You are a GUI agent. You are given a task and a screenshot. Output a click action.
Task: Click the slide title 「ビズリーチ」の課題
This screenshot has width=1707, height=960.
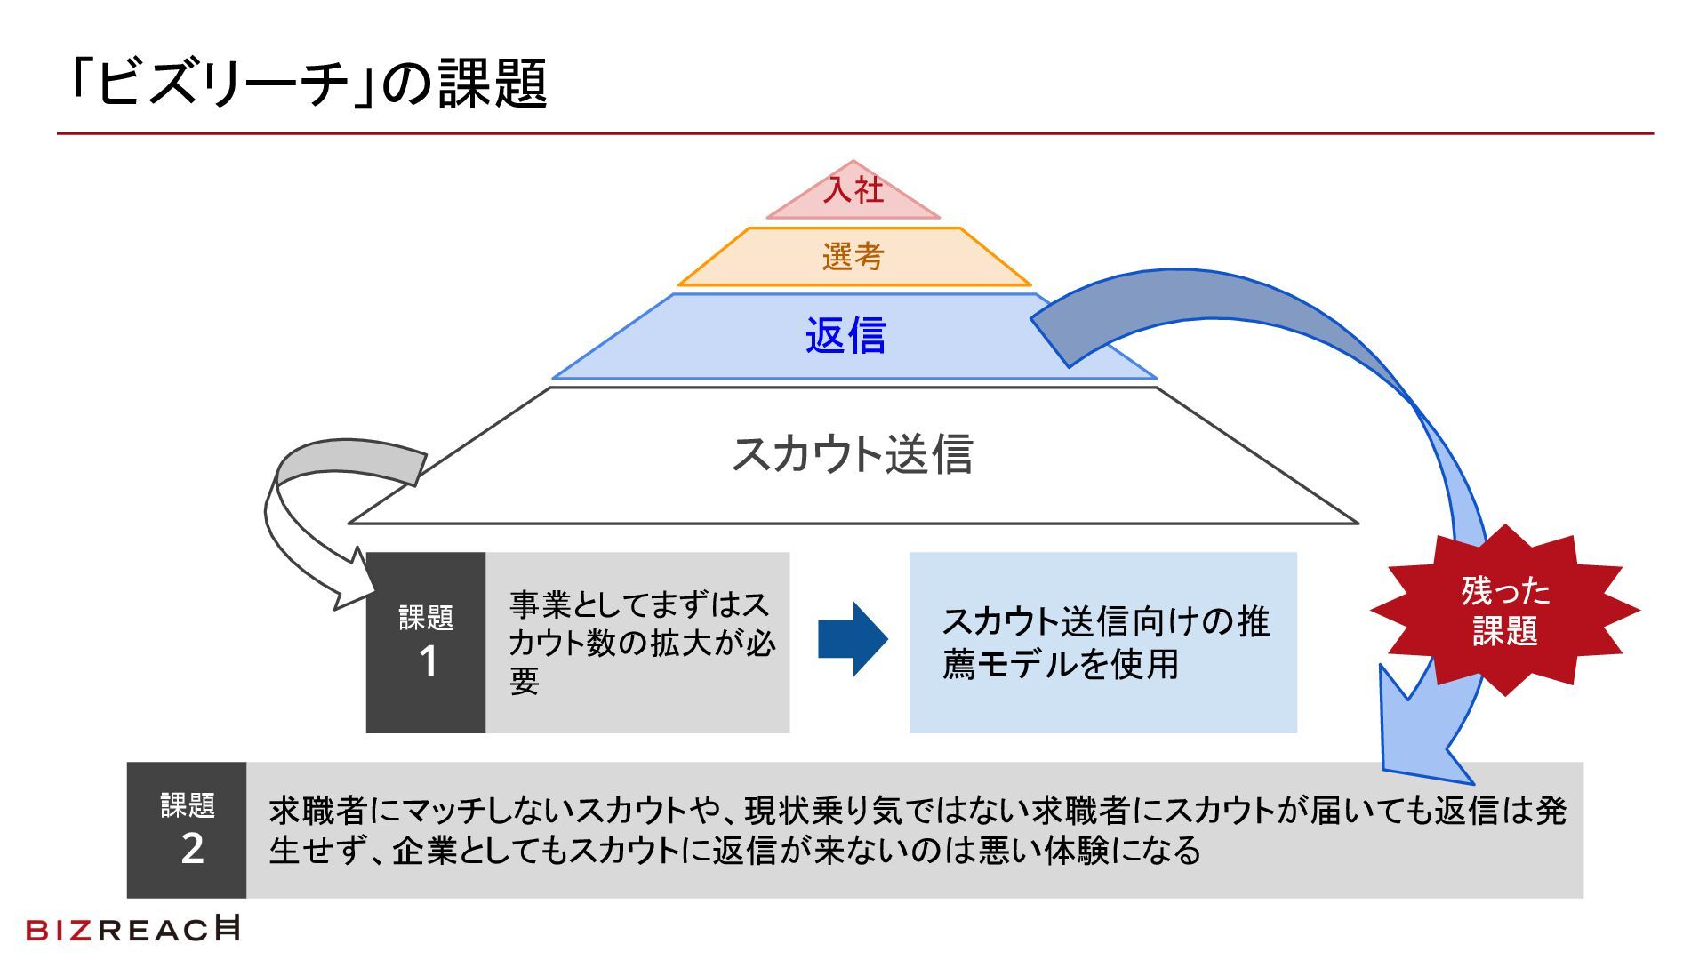(x=308, y=83)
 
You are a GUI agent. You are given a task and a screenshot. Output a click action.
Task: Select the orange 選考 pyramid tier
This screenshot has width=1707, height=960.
(x=853, y=257)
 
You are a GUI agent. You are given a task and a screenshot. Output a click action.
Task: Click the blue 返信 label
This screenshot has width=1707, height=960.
(x=845, y=337)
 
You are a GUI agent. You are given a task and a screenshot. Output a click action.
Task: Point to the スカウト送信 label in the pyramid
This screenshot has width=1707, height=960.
(x=852, y=454)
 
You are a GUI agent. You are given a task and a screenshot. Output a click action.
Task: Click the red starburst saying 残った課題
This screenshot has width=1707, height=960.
(x=1504, y=611)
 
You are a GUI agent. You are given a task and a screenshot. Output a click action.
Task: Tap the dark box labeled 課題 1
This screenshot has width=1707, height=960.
(x=426, y=642)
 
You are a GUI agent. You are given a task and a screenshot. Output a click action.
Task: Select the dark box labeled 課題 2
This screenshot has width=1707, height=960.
(x=187, y=829)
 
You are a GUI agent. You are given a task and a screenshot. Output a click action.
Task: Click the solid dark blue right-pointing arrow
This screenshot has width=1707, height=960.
(x=852, y=639)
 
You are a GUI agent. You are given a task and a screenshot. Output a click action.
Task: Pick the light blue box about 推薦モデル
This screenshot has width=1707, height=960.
(x=1102, y=642)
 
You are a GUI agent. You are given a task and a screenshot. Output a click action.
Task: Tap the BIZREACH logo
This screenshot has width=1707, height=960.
(x=133, y=929)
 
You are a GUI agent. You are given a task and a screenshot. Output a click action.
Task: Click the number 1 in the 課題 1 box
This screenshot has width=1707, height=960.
(x=428, y=662)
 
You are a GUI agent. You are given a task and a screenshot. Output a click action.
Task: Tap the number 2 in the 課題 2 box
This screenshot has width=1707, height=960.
(x=192, y=850)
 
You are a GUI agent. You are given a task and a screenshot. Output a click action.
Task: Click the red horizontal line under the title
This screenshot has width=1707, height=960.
(x=853, y=134)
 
